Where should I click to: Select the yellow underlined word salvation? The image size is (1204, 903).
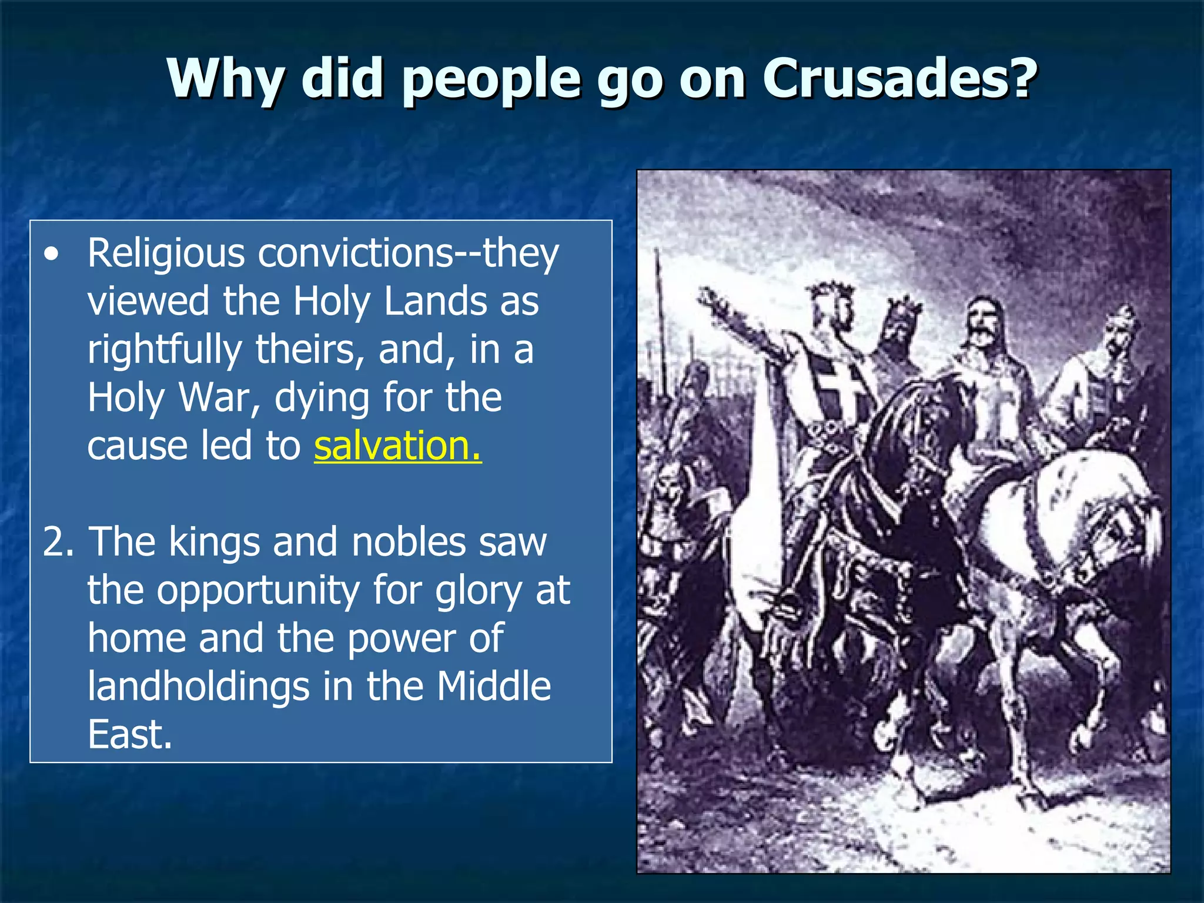tap(397, 446)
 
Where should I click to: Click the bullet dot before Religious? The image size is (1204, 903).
tap(52, 255)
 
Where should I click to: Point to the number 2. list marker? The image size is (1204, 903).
tap(58, 541)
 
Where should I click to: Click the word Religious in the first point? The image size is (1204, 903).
tap(166, 254)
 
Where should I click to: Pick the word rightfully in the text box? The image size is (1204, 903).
tap(165, 350)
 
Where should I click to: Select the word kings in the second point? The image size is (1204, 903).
tap(214, 542)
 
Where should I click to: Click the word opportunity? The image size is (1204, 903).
tap(258, 591)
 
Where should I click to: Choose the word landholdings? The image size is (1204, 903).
tap(199, 687)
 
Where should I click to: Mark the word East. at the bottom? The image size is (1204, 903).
tap(129, 734)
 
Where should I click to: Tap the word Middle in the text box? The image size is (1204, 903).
tap(494, 687)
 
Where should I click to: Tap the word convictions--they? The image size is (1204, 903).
tap(409, 254)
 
